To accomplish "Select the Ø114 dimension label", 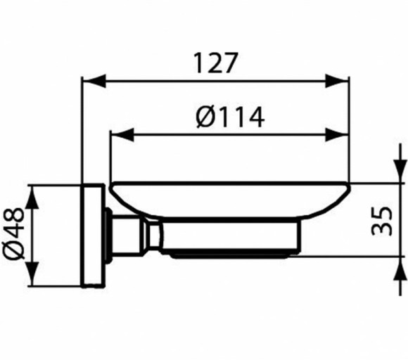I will [229, 116].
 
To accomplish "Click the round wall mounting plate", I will [93, 236].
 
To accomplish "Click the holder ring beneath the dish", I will [232, 240].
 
